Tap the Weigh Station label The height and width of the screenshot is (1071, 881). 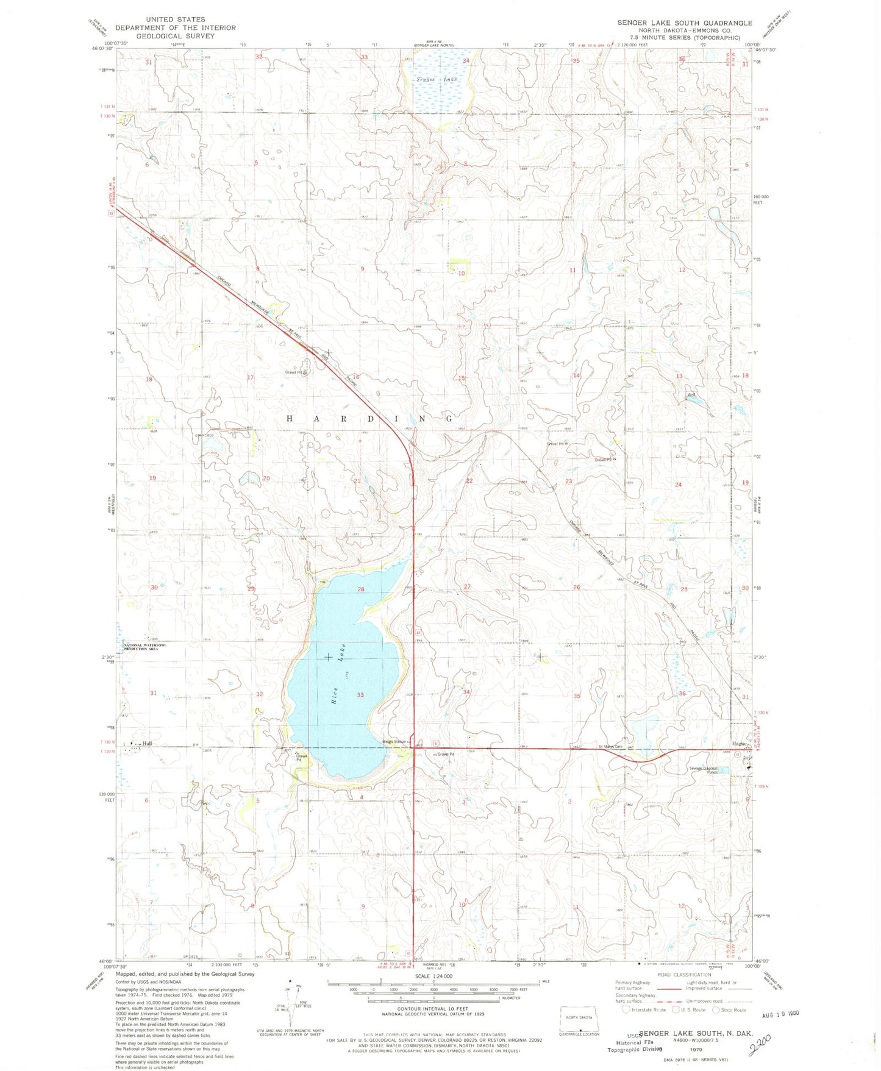tap(394, 742)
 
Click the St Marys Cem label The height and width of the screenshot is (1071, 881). tap(610, 747)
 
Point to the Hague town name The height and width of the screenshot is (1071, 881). tap(740, 744)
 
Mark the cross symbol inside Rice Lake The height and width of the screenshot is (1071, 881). tap(328, 656)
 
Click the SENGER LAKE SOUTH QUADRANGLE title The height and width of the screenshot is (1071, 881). tap(685, 23)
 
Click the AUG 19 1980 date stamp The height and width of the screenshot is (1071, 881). tap(780, 1016)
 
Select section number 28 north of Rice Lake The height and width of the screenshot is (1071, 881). tap(361, 589)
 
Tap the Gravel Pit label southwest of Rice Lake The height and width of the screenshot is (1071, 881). tap(298, 758)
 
